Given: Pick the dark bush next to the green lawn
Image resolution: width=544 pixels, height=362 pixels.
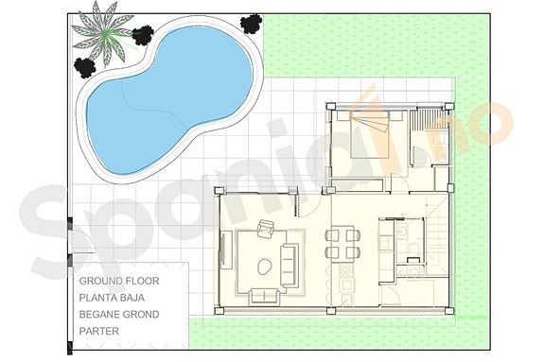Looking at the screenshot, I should pos(250,23).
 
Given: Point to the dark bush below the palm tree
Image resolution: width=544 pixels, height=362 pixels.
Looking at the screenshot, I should pos(86,66).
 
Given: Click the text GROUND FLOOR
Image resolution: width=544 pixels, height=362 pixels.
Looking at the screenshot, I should pos(119,282).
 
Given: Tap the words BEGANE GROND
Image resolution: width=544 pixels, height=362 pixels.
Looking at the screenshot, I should pos(119,314).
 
